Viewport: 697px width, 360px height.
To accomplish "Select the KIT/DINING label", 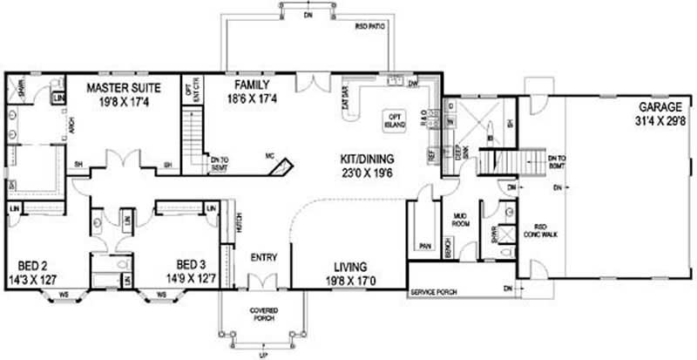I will click(x=367, y=160).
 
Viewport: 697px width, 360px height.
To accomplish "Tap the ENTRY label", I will click(x=263, y=258).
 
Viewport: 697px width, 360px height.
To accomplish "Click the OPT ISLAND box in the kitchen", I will click(x=396, y=120).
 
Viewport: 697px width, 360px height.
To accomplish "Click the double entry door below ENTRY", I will click(x=260, y=282).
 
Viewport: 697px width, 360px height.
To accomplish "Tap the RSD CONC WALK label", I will click(x=533, y=224).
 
